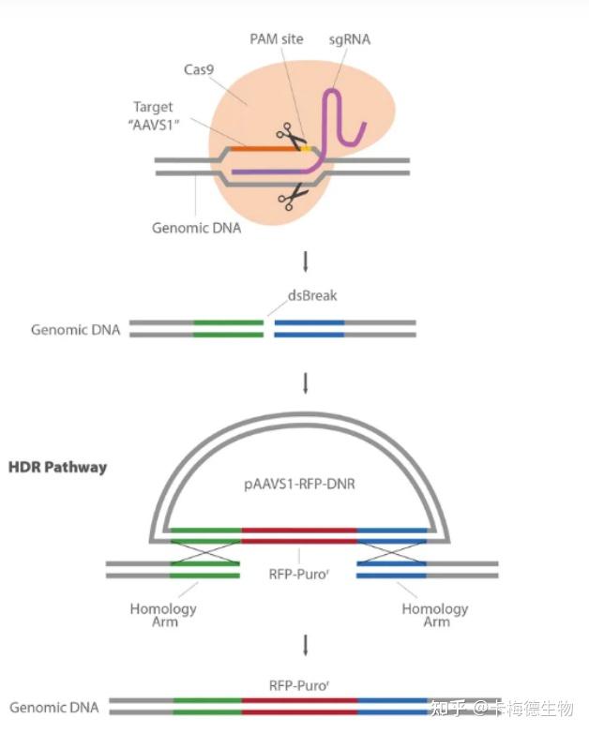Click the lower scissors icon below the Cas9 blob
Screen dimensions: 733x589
(x=294, y=197)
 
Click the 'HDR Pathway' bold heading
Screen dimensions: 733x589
(x=57, y=466)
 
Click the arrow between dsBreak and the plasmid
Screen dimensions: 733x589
(x=303, y=381)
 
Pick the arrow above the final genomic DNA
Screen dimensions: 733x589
(x=303, y=644)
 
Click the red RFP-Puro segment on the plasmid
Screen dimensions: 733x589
(x=299, y=535)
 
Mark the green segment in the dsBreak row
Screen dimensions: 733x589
(x=228, y=328)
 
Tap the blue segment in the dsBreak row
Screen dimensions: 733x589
(x=310, y=328)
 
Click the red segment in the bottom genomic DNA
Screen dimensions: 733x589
(x=299, y=706)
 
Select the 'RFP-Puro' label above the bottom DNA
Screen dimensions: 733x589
(x=299, y=685)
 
